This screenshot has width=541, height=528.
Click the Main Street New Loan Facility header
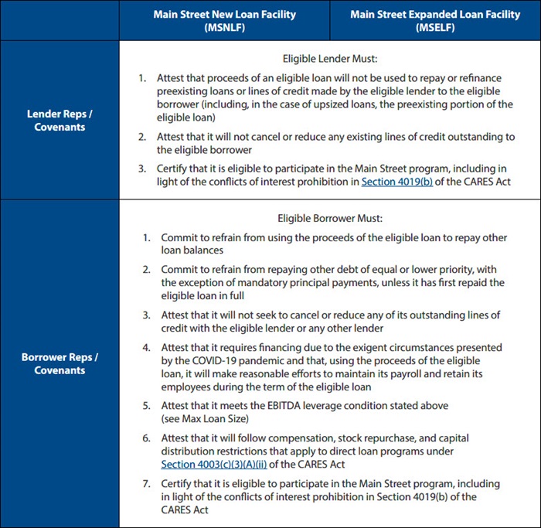click(x=224, y=20)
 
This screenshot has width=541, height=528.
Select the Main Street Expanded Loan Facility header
click(x=434, y=20)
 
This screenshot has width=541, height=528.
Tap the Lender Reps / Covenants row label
click(x=60, y=121)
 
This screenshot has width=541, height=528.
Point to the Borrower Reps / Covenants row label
click(x=60, y=363)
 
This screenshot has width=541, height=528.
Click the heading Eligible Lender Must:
click(x=329, y=57)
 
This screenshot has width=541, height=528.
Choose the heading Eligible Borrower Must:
click(x=329, y=219)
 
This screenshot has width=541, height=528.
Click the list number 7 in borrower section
click(x=146, y=484)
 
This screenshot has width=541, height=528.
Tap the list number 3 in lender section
click(x=141, y=169)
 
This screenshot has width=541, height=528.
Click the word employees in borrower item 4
click(x=187, y=387)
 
